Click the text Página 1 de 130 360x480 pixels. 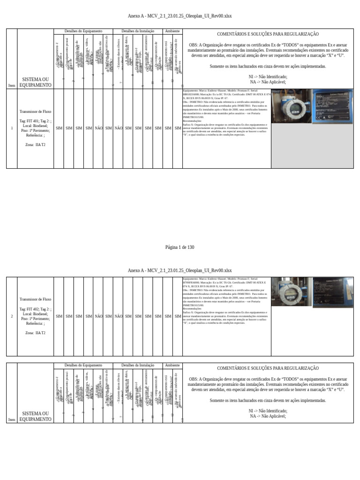(180, 247)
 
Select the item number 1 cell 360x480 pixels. (12, 128)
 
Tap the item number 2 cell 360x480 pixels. (12, 316)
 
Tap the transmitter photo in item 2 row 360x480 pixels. (291, 292)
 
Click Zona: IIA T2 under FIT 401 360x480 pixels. (35, 145)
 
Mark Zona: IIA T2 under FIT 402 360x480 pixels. (35, 333)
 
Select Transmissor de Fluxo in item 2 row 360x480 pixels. (35, 299)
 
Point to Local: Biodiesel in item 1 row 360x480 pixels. (35, 126)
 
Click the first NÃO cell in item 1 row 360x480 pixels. (98, 128)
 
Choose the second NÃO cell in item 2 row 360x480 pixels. (118, 316)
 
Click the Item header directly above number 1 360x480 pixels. (12, 85)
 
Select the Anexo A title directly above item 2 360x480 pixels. (180, 270)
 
